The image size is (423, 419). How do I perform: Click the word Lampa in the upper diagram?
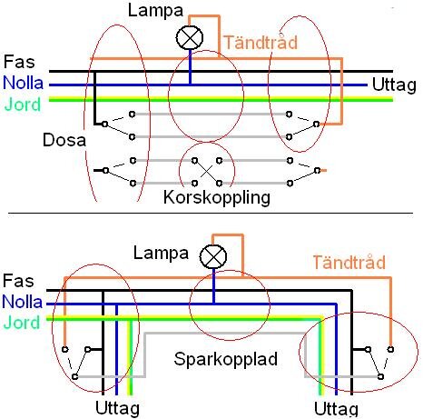pos(155,12)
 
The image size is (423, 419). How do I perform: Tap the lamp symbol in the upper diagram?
pos(191,36)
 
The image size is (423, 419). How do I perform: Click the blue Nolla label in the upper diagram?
pos(22,82)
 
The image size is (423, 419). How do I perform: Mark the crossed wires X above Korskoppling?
pos(206,168)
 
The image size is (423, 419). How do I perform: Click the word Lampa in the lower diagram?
pos(160,252)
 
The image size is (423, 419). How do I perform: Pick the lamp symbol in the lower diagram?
pos(214,256)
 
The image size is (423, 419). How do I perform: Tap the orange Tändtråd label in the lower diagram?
pos(349,263)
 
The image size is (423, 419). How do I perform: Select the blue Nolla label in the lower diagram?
pos(22,302)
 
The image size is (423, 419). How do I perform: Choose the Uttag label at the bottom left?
pos(119,408)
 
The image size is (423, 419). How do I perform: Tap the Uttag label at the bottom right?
pos(336,408)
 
